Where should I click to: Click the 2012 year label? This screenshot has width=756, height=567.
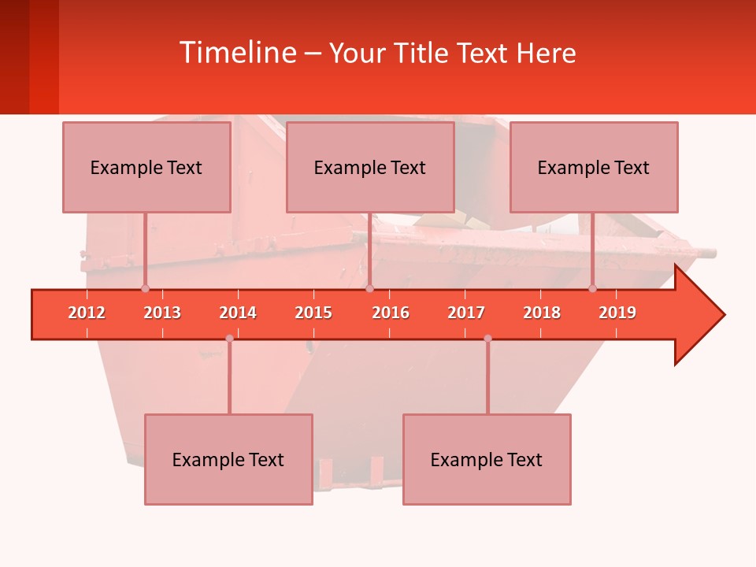pyautogui.click(x=87, y=313)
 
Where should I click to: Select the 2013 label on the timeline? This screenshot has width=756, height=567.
pyautogui.click(x=162, y=313)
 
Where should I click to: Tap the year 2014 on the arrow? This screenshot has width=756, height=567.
pyautogui.click(x=238, y=313)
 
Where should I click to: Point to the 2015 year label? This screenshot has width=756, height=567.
pyautogui.click(x=313, y=313)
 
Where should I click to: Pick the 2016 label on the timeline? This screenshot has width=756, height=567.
pyautogui.click(x=391, y=313)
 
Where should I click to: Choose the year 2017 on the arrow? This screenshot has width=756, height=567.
pyautogui.click(x=466, y=313)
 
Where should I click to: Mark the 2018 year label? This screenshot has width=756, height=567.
pyautogui.click(x=542, y=313)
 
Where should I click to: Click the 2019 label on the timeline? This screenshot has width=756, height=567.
pyautogui.click(x=617, y=313)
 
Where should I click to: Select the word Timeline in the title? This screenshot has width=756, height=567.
pyautogui.click(x=236, y=53)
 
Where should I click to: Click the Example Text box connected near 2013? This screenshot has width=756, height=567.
pyautogui.click(x=146, y=167)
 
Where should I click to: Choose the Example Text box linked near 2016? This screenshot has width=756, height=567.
pyautogui.click(x=370, y=167)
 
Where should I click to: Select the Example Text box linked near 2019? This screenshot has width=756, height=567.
pyautogui.click(x=594, y=167)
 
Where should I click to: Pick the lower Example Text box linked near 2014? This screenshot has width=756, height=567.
pyautogui.click(x=228, y=459)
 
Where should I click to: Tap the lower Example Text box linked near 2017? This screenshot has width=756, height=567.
pyautogui.click(x=487, y=459)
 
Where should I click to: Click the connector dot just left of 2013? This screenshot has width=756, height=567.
pyautogui.click(x=145, y=288)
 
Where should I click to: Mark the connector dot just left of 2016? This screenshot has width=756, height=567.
pyautogui.click(x=369, y=288)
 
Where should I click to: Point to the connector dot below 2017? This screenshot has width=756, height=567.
pyautogui.click(x=487, y=339)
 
